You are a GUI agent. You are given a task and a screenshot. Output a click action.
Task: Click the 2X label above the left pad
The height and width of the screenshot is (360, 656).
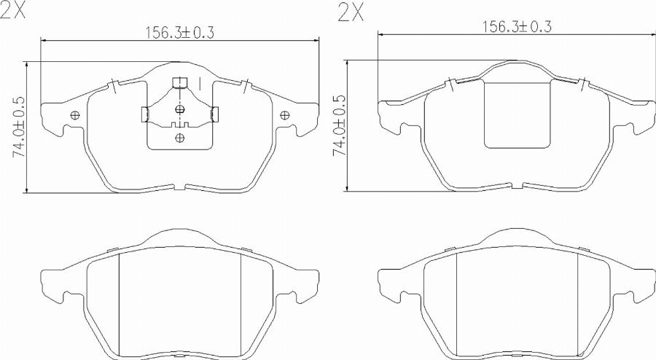coord(14,11)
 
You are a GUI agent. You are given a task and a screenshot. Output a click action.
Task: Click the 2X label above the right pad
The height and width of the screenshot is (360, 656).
coord(351,12)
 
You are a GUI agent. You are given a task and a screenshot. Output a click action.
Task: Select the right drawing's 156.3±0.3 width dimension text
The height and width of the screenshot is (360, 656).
coord(517,26)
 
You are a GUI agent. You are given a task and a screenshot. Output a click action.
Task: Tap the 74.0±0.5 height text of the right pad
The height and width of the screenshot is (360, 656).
coord(339,124)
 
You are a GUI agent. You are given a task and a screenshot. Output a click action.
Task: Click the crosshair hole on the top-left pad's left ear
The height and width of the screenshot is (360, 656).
coord(75,115)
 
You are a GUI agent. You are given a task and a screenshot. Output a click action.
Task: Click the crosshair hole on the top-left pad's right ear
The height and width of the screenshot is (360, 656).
coord(284,114)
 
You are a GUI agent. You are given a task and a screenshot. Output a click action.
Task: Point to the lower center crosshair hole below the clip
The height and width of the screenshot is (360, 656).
coord(180,137)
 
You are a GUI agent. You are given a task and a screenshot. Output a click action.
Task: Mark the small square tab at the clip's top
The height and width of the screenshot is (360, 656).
coord(179,82)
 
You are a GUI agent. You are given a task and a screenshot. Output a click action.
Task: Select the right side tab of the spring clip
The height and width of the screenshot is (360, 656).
coord(214,114)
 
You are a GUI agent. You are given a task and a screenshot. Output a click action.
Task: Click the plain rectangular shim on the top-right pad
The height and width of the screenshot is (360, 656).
coord(517,114)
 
